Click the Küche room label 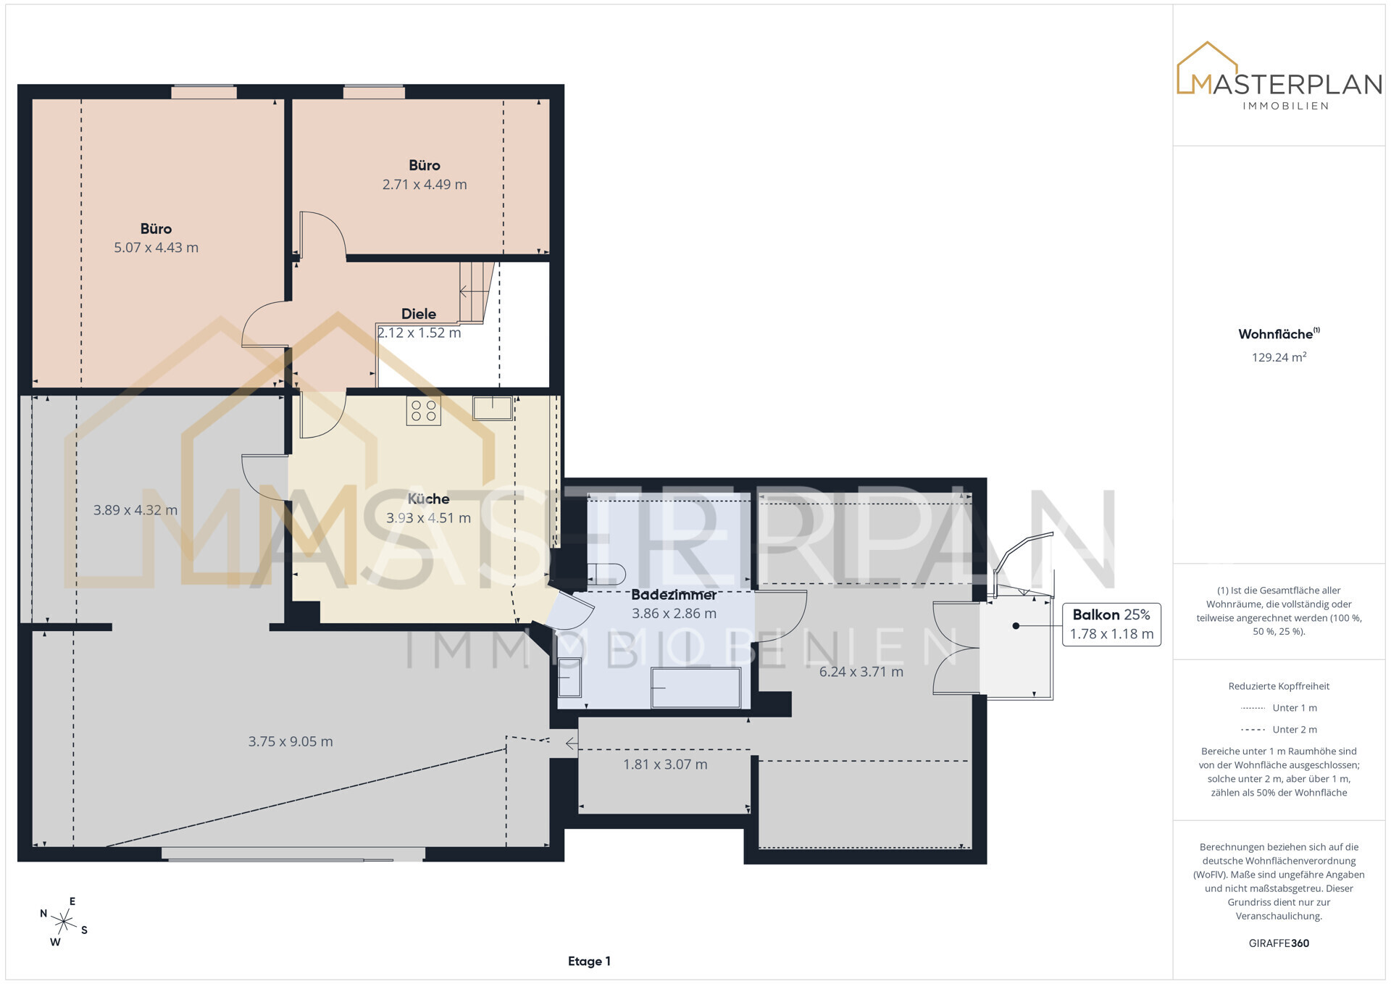point(428,499)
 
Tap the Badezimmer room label point(674,594)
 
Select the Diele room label point(419,314)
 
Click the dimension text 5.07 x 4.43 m point(156,247)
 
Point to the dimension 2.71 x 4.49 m point(425,184)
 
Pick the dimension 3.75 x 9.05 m point(291,741)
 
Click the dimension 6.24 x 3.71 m point(861,672)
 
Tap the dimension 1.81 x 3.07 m point(665,764)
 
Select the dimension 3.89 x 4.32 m point(135,510)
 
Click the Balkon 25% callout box point(1111,625)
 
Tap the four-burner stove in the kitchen point(424,411)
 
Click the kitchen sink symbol point(493,408)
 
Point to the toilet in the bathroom point(606,574)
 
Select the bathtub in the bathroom point(695,688)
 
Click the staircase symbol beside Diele point(476,292)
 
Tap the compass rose point(64,922)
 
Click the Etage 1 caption point(589,962)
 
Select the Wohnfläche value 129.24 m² point(1279,357)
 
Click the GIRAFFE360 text point(1279,943)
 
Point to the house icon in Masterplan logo point(1206,67)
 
